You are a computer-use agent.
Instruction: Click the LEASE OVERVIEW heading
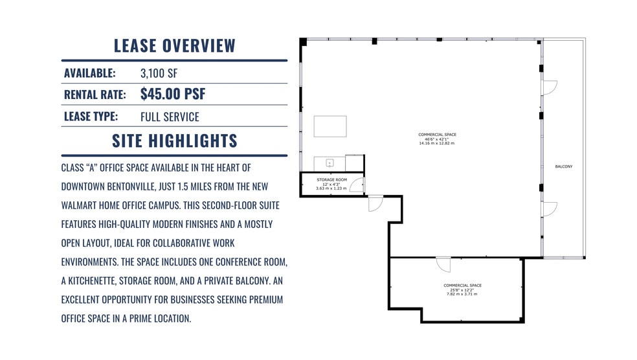pyautogui.click(x=174, y=46)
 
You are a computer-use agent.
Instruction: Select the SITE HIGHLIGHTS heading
pyautogui.click(x=174, y=141)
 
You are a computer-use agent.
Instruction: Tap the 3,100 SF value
pyautogui.click(x=159, y=73)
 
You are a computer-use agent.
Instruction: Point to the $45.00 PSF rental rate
pyautogui.click(x=173, y=94)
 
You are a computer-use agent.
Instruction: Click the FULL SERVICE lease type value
pyautogui.click(x=170, y=117)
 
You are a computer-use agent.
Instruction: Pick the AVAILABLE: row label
pyautogui.click(x=89, y=73)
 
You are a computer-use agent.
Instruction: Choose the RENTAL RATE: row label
pyautogui.click(x=95, y=95)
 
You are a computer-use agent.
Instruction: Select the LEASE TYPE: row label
pyautogui.click(x=91, y=117)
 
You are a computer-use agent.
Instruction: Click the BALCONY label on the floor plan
pyautogui.click(x=564, y=167)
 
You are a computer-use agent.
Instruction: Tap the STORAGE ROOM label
pyautogui.click(x=331, y=179)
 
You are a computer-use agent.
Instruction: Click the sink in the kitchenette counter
pyautogui.click(x=329, y=163)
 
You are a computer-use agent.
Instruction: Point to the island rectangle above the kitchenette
pyautogui.click(x=330, y=126)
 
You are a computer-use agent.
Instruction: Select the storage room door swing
pyautogui.click(x=357, y=185)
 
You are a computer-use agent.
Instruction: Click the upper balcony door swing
pyautogui.click(x=549, y=87)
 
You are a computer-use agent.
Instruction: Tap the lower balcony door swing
pyautogui.click(x=549, y=209)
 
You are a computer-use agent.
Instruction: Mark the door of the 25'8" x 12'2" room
pyautogui.click(x=443, y=264)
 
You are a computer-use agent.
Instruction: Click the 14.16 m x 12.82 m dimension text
pyautogui.click(x=437, y=143)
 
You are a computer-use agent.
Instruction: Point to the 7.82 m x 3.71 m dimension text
pyautogui.click(x=462, y=294)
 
